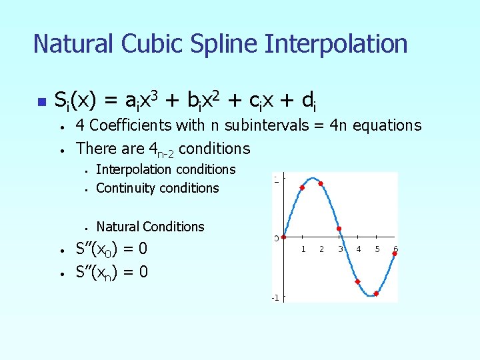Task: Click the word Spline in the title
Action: tap(215, 44)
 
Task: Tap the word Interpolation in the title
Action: tap(336, 44)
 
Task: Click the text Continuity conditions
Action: tap(157, 188)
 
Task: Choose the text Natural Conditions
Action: tap(150, 227)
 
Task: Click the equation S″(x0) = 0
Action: tap(111, 249)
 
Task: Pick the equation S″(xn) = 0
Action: tap(111, 271)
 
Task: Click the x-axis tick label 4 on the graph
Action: tap(359, 249)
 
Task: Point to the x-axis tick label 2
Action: tap(321, 249)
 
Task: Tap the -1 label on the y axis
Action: tap(275, 297)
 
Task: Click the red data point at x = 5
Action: tap(376, 293)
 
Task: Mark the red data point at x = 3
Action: tap(339, 229)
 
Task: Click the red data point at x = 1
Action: tap(302, 188)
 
